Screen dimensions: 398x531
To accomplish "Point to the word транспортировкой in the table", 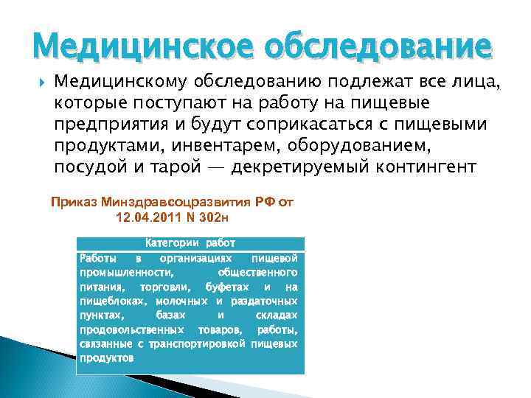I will coord(197,344).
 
